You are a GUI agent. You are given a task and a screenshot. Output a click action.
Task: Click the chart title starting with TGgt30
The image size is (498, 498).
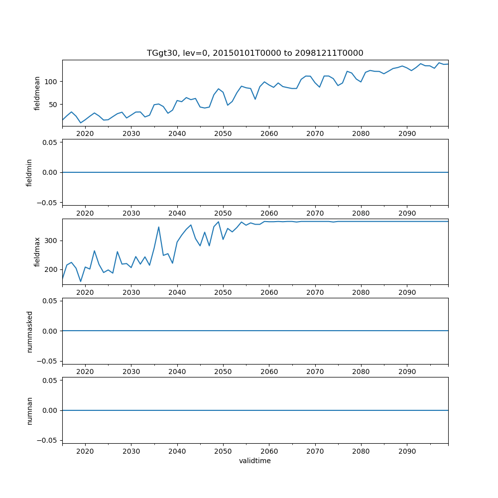(x=255, y=53)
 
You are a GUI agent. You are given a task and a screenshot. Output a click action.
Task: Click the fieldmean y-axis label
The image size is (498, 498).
(x=37, y=93)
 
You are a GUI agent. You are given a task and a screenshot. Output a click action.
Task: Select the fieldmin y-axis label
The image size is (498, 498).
(x=29, y=172)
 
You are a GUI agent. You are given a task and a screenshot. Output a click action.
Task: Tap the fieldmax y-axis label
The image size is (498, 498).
(x=37, y=251)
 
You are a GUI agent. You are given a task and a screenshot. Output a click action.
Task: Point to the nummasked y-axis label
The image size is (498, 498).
(x=29, y=331)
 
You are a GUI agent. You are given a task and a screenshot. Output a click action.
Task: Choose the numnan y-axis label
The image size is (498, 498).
(x=29, y=410)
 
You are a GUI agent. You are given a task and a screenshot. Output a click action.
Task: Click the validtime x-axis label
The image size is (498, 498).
(x=255, y=461)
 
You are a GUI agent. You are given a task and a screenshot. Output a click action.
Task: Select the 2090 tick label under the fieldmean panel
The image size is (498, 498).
(x=407, y=133)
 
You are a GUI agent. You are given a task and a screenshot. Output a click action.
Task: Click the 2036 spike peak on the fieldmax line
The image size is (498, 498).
(x=159, y=227)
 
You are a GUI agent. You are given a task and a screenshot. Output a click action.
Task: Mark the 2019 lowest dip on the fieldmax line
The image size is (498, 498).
(x=81, y=281)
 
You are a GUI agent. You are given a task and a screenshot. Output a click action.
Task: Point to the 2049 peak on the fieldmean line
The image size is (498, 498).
(x=219, y=89)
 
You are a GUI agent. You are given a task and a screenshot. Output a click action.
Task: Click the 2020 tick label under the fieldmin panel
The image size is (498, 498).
(x=85, y=213)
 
